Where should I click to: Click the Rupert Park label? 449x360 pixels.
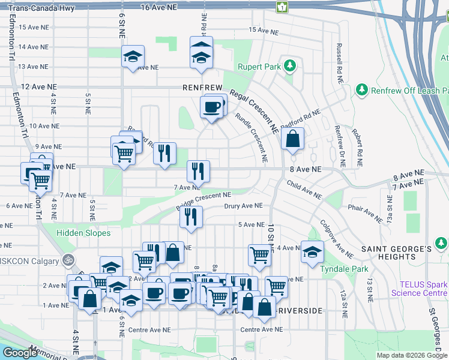tap(259, 67)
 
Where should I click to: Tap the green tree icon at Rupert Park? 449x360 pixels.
tap(290, 65)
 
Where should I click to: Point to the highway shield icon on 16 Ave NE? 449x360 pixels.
tap(281, 7)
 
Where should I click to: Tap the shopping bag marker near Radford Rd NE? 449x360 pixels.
tap(292, 139)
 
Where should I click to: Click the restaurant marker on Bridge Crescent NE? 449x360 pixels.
tap(191, 218)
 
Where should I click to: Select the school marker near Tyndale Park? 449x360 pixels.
tap(312, 253)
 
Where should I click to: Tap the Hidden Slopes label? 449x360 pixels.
tap(84, 233)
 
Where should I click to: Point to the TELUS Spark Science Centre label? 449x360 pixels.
tap(419, 289)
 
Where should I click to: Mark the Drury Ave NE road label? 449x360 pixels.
tap(243, 206)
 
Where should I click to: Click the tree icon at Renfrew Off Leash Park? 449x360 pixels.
tap(362, 90)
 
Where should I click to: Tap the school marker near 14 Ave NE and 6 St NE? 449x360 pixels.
tap(133, 58)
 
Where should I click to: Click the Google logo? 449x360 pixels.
tap(20, 352)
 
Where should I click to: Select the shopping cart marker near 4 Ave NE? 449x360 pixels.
tap(259, 254)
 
